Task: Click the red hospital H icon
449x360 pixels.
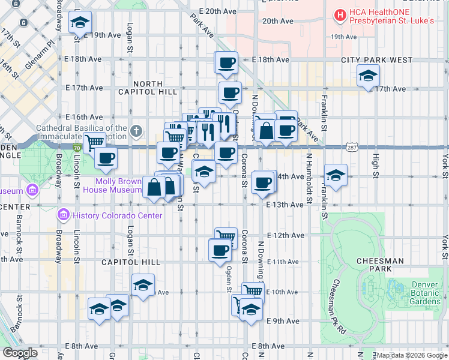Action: pyautogui.click(x=340, y=14)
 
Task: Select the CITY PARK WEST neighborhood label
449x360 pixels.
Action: pyautogui.click(x=376, y=60)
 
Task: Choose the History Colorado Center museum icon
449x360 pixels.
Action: pyautogui.click(x=62, y=215)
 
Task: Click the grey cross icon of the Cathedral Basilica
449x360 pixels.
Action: pyautogui.click(x=137, y=130)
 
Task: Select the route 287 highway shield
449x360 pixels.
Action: pyautogui.click(x=352, y=146)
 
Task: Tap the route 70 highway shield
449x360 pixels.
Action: pyautogui.click(x=77, y=146)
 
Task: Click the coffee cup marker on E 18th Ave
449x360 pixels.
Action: pyautogui.click(x=226, y=62)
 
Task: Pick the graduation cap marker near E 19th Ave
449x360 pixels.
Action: pyautogui.click(x=80, y=23)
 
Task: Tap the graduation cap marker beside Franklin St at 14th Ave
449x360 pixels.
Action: pyautogui.click(x=335, y=175)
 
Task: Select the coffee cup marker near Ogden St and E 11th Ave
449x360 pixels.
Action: pyautogui.click(x=220, y=250)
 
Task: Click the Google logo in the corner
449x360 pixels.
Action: pyautogui.click(x=20, y=353)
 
